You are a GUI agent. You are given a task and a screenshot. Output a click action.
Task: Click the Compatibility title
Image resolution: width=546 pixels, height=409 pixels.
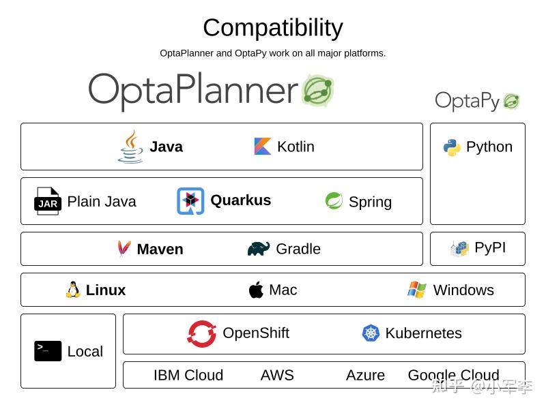[273, 28]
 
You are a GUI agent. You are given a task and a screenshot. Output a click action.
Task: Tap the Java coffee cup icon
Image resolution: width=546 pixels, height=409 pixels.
[130, 147]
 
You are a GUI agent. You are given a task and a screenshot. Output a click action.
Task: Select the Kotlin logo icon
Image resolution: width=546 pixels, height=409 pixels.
[263, 147]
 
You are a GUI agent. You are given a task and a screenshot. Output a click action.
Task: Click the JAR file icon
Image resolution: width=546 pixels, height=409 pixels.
[48, 202]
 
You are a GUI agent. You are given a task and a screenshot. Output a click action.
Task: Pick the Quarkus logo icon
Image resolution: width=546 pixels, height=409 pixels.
[190, 201]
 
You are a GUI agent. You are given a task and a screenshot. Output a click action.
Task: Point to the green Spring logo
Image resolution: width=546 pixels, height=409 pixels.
[334, 201]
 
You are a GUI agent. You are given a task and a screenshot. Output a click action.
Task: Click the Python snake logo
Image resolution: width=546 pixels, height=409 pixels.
[452, 147]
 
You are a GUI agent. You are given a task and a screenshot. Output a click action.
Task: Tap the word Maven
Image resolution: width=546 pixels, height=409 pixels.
[160, 249]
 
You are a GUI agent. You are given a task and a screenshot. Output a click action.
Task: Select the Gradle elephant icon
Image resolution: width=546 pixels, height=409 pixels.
[259, 249]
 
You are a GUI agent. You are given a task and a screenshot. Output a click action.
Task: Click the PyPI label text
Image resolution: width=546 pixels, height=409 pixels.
[490, 247]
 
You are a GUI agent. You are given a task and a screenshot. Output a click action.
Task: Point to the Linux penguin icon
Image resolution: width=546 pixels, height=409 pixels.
[73, 290]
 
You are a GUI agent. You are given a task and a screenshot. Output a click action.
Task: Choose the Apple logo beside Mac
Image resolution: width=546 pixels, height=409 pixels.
[256, 290]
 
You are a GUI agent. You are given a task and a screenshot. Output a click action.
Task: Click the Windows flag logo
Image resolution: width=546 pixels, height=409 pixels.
[417, 290]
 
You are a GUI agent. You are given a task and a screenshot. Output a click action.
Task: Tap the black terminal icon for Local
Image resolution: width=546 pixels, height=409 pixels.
[48, 351]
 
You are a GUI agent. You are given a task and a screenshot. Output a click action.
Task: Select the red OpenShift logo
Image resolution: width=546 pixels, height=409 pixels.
[202, 333]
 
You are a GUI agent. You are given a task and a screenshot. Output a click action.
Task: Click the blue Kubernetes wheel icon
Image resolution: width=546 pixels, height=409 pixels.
[371, 333]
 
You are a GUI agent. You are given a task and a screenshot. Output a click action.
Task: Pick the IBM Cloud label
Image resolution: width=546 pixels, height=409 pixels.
[188, 376]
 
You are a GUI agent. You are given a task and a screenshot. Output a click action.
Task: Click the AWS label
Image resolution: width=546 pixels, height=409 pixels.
[277, 376]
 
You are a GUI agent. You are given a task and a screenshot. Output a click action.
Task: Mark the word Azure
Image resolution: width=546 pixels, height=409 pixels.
[365, 376]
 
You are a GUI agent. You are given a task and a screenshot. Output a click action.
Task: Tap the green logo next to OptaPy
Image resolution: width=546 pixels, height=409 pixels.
[512, 102]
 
